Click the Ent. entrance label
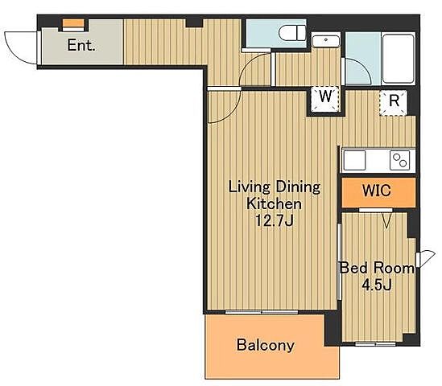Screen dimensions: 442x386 tap(81, 45)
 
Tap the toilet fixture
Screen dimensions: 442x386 tap(292, 33)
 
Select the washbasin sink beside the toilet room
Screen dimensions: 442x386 tap(326, 41)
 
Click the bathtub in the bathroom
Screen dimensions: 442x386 tap(399, 58)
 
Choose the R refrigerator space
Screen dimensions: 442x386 tap(393, 103)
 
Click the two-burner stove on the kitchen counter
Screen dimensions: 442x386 tap(399, 161)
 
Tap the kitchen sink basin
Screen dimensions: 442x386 tap(354, 160)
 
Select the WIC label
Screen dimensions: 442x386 tap(377, 191)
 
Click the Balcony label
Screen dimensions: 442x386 tap(265, 345)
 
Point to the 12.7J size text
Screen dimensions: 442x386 tap(274, 220)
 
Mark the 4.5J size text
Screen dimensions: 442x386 tap(377, 285)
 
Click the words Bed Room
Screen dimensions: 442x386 tap(377, 268)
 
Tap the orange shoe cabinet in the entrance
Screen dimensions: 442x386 tap(73, 23)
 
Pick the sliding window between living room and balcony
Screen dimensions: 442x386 tap(262, 312)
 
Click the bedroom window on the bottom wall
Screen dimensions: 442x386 tap(375, 343)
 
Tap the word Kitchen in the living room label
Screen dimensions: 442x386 tap(274, 203)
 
